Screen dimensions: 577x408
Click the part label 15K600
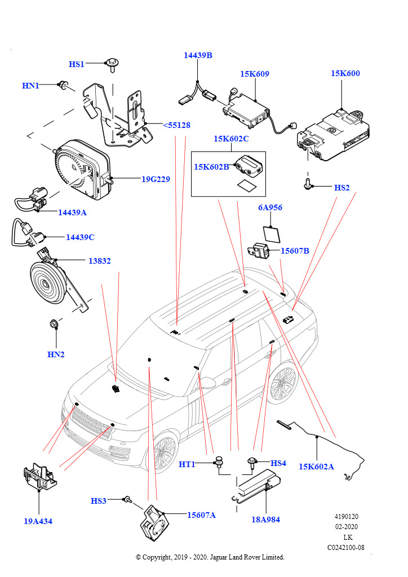tap(345, 73)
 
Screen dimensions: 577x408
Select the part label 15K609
tap(254, 74)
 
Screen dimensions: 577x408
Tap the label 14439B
tap(198, 55)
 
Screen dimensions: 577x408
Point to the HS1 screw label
tap(77, 64)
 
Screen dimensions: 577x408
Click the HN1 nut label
tap(30, 86)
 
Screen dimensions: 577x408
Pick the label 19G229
tap(156, 179)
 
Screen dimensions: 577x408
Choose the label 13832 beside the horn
tap(99, 261)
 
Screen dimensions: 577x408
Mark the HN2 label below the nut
tap(56, 354)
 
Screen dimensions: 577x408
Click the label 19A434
tap(38, 521)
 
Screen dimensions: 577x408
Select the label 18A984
tap(266, 520)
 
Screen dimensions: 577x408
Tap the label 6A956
tap(270, 207)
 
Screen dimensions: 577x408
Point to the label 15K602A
tap(316, 467)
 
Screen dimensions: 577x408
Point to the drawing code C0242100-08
tap(346, 547)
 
